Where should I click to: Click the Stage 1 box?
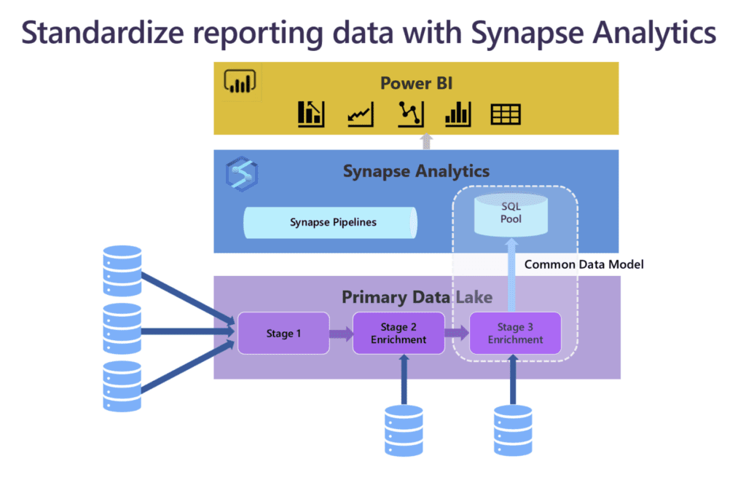click(x=283, y=334)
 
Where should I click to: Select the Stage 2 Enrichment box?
click(x=398, y=334)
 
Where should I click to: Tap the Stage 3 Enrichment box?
click(x=515, y=334)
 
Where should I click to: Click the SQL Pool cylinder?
click(x=511, y=213)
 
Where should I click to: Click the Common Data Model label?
click(x=584, y=264)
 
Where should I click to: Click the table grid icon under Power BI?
click(x=505, y=114)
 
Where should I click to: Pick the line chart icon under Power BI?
click(x=360, y=114)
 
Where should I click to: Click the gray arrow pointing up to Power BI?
click(x=427, y=141)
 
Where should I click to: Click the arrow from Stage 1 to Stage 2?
click(x=340, y=334)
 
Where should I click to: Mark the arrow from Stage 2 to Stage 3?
click(x=457, y=334)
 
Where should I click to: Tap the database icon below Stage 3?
click(x=513, y=430)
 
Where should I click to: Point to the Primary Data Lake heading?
click(x=416, y=297)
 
